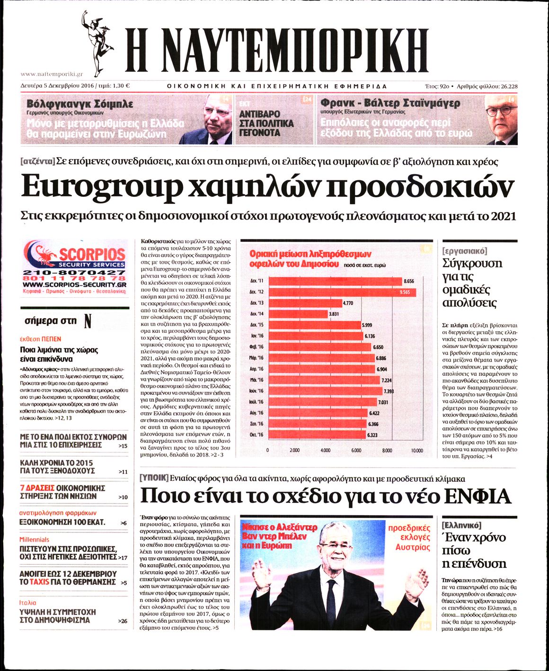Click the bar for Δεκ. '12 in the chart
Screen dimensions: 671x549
[x=341, y=292]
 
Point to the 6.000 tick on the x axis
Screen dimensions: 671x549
[x=356, y=450]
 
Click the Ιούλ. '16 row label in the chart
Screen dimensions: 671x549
[x=257, y=402]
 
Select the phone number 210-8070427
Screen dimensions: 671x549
[x=74, y=273]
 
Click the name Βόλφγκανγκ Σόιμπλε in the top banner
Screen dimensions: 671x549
[x=80, y=104]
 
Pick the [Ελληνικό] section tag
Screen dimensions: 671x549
[x=461, y=525]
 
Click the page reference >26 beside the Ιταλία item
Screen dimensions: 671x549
[x=123, y=620]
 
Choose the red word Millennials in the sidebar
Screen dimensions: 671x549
[x=34, y=539]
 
